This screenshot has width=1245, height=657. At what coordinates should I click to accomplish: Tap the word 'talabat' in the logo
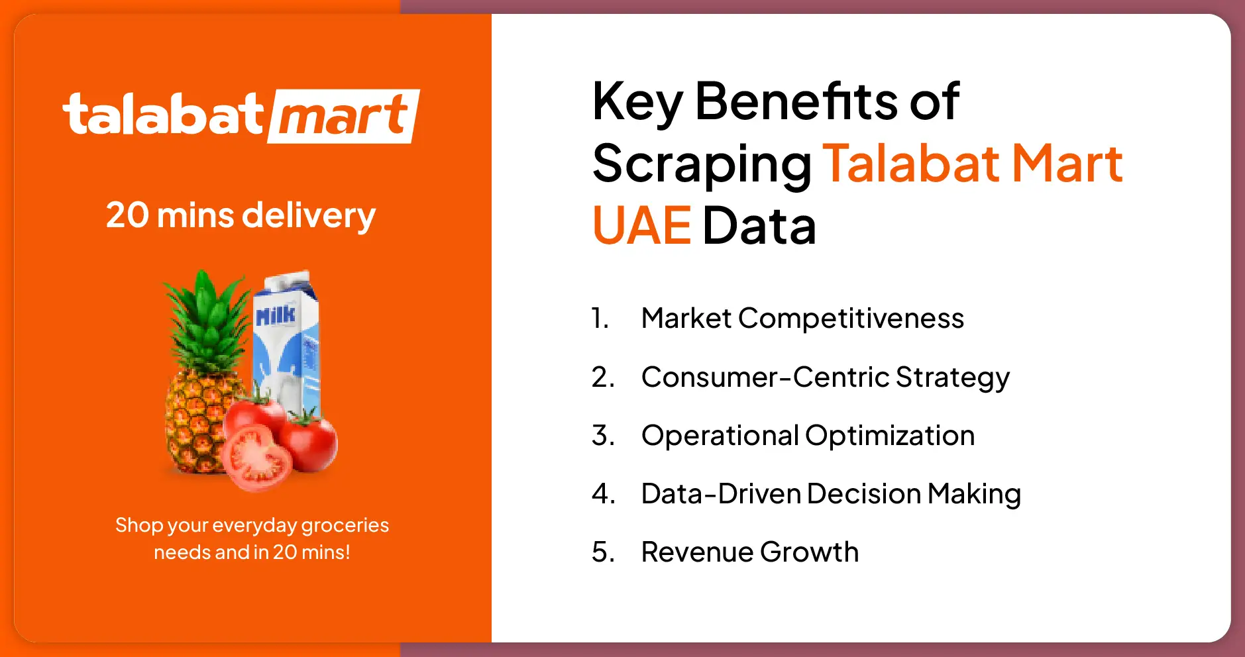pos(163,114)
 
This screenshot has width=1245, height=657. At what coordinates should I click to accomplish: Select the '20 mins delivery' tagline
pos(241,215)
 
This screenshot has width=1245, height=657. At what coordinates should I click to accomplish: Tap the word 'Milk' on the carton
pos(275,316)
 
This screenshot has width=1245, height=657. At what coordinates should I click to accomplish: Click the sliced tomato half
pos(256,458)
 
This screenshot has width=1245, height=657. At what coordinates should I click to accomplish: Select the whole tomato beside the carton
pos(309,440)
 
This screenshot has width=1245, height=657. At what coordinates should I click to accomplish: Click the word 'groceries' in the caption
pos(345,526)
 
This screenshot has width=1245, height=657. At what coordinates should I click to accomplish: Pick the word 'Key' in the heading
pos(637,102)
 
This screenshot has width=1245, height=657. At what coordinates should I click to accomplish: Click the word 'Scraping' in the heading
pos(702,164)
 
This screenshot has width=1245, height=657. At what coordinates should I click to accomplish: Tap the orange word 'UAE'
pos(641,226)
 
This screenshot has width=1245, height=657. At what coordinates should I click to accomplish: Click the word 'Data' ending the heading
pos(759,226)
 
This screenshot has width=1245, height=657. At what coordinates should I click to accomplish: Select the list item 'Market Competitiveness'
pos(802,319)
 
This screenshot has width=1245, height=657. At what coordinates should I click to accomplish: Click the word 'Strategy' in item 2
pos(952,378)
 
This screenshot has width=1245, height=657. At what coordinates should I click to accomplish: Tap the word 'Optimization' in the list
pos(890,436)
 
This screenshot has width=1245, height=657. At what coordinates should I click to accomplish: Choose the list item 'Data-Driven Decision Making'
pos(830,494)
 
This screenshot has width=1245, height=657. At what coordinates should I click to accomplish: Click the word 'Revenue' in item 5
pos(696,552)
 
